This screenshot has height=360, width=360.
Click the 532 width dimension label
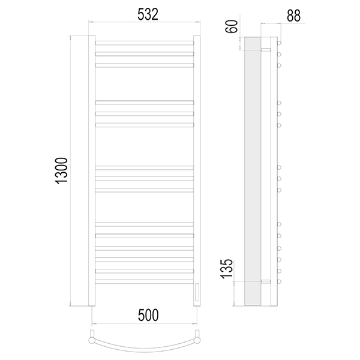click(148, 14)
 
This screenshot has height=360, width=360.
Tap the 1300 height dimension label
click(62, 170)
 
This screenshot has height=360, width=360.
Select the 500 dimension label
click(148, 315)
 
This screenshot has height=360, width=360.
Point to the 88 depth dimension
click(293, 16)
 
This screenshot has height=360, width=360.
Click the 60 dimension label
click(232, 26)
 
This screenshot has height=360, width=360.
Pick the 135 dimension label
click(227, 269)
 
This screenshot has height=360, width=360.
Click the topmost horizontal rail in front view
click(145, 43)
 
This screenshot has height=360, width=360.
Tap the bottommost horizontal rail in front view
click(145, 281)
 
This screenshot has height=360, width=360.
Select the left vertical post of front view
click(92, 171)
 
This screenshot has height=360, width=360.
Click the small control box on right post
click(197, 292)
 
